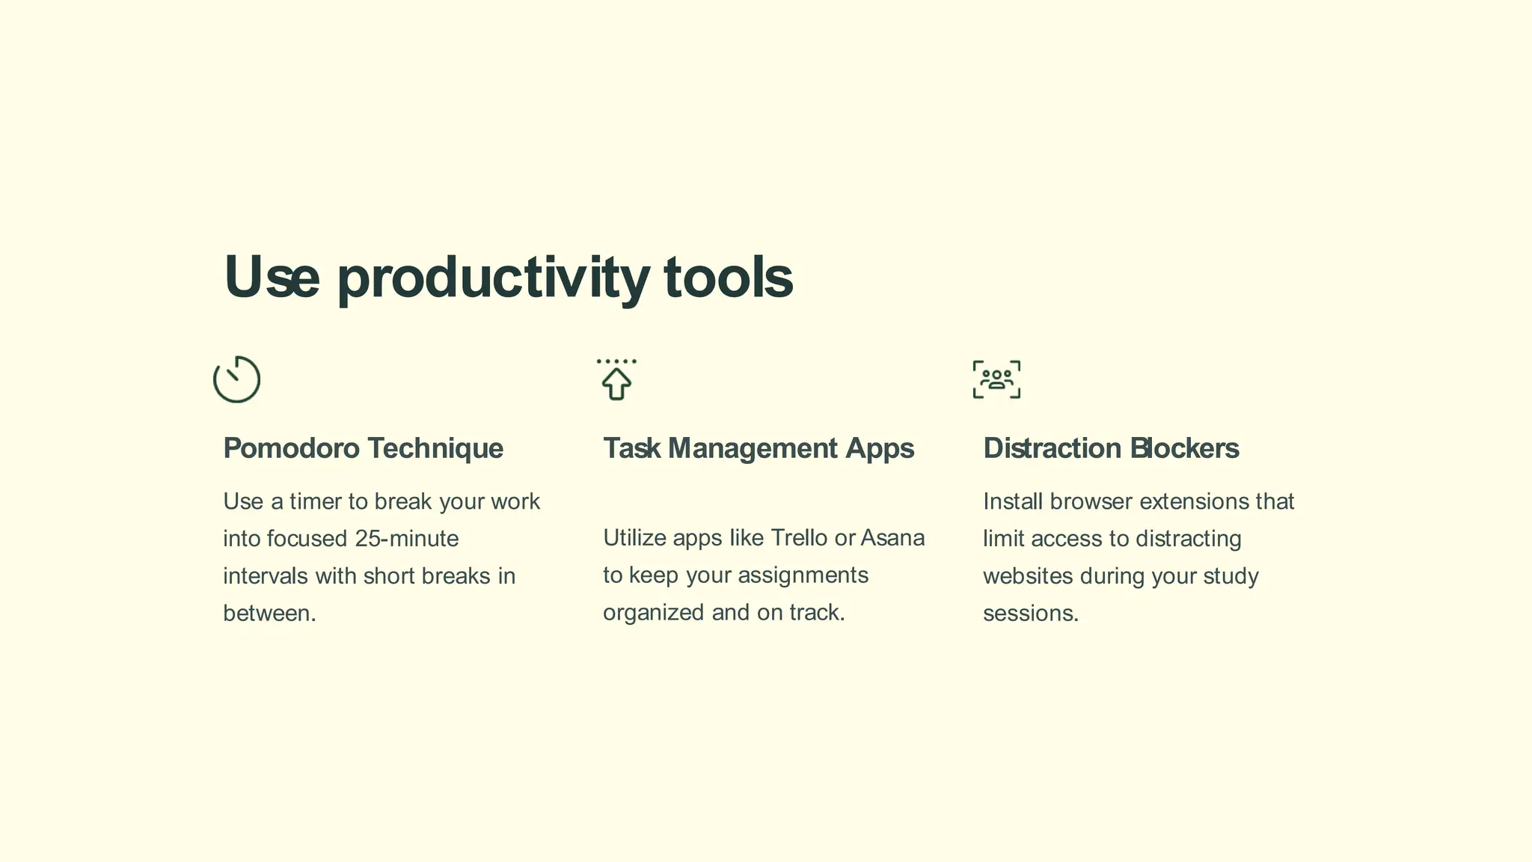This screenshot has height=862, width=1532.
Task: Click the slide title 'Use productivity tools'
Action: (x=508, y=277)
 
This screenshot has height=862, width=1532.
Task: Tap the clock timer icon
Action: (x=236, y=379)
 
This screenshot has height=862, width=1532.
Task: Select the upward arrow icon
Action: (x=616, y=382)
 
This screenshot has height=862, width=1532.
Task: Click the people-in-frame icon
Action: (x=996, y=379)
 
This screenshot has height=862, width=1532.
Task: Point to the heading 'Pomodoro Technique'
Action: (x=363, y=448)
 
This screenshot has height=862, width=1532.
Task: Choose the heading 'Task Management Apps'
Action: (x=759, y=448)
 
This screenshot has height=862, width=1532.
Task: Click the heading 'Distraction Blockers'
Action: (x=1111, y=448)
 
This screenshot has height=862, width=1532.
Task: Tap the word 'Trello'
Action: (x=799, y=538)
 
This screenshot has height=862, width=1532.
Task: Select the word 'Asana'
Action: (x=892, y=538)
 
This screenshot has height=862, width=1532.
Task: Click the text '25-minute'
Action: (x=407, y=539)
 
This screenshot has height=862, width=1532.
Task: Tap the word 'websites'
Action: (x=1028, y=576)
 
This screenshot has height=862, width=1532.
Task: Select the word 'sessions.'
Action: (x=1031, y=614)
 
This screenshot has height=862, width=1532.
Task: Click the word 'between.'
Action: (x=269, y=614)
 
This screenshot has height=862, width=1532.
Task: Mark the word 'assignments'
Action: (x=803, y=575)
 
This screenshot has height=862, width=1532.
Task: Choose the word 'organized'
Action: (x=654, y=613)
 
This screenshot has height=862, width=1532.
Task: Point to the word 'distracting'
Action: (x=1188, y=539)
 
